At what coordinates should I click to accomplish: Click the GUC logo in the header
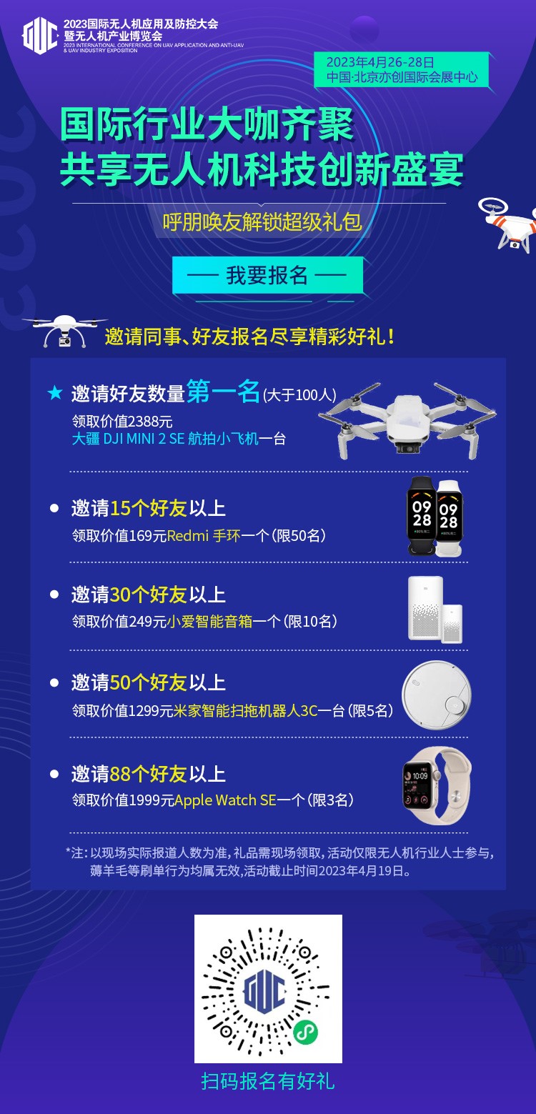[40, 35]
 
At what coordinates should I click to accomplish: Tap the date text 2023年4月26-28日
[380, 62]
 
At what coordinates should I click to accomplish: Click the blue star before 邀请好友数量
[55, 393]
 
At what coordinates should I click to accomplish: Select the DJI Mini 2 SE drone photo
[407, 420]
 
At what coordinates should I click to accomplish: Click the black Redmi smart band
[422, 516]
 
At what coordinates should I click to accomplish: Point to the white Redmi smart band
[450, 518]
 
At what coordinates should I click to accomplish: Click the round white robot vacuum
[436, 695]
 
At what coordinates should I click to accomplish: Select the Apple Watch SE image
[437, 786]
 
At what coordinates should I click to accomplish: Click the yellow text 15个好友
[149, 508]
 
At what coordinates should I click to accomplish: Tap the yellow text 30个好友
[149, 595]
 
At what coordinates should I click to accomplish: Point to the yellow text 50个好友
[149, 683]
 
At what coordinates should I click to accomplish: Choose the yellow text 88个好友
[149, 774]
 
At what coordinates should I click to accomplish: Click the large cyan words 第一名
[223, 391]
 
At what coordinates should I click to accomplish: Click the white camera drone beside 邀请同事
[64, 330]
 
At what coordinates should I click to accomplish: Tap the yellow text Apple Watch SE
[225, 800]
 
